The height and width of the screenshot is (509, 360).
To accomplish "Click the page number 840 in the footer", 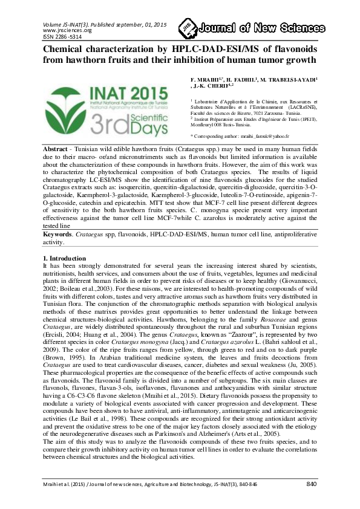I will point(312,484).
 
